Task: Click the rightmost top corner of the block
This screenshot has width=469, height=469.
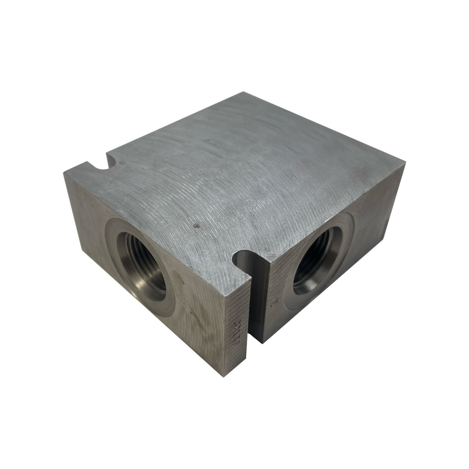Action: point(404,166)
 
